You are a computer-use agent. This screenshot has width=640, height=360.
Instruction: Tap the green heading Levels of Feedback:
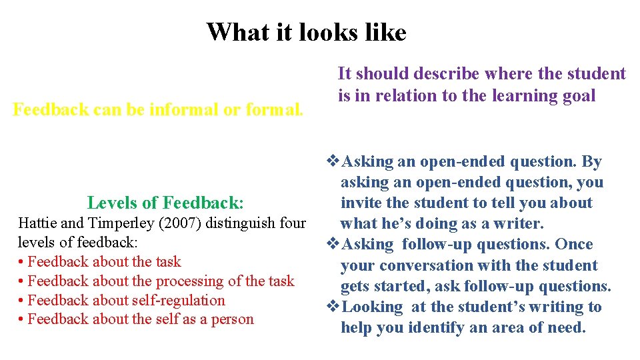(x=165, y=202)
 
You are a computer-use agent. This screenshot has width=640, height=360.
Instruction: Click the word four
(x=291, y=223)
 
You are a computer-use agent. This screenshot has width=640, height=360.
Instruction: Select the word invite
(x=361, y=203)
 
